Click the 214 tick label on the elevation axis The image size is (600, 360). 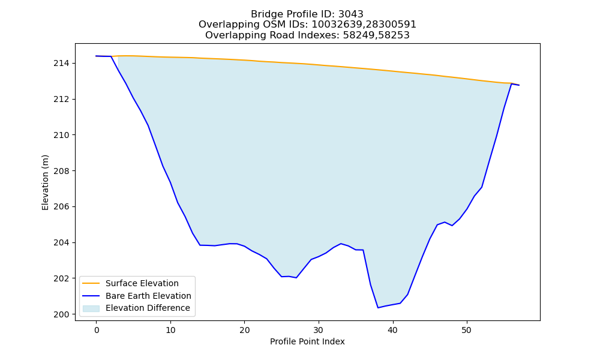(x=61, y=63)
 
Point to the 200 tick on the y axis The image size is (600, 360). (x=61, y=314)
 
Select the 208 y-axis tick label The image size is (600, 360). (x=61, y=171)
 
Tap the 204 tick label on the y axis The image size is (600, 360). (x=61, y=242)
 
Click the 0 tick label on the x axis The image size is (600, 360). (x=97, y=330)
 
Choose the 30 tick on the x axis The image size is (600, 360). (x=319, y=330)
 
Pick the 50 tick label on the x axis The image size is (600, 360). (x=466, y=330)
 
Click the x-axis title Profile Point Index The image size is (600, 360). (x=307, y=341)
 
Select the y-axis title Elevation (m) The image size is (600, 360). (x=45, y=182)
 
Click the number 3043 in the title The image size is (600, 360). (x=350, y=14)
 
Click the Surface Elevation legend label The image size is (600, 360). (x=142, y=283)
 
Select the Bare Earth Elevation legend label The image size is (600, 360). (x=148, y=296)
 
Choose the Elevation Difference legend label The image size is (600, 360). (x=148, y=308)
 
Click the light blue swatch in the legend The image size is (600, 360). (x=91, y=308)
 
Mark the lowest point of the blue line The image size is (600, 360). (x=378, y=308)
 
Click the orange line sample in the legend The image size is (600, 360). (x=91, y=283)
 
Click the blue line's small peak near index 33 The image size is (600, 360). (x=341, y=244)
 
